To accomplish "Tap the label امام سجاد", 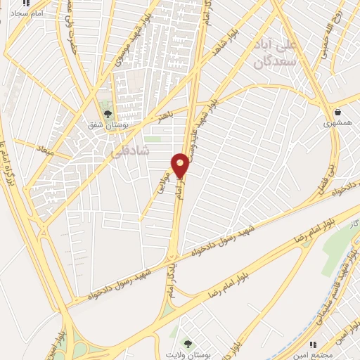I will click(28, 13).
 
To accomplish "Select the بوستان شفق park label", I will click(105, 125).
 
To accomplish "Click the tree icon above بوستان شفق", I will click(108, 112).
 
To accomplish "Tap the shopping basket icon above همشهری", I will click(337, 110).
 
